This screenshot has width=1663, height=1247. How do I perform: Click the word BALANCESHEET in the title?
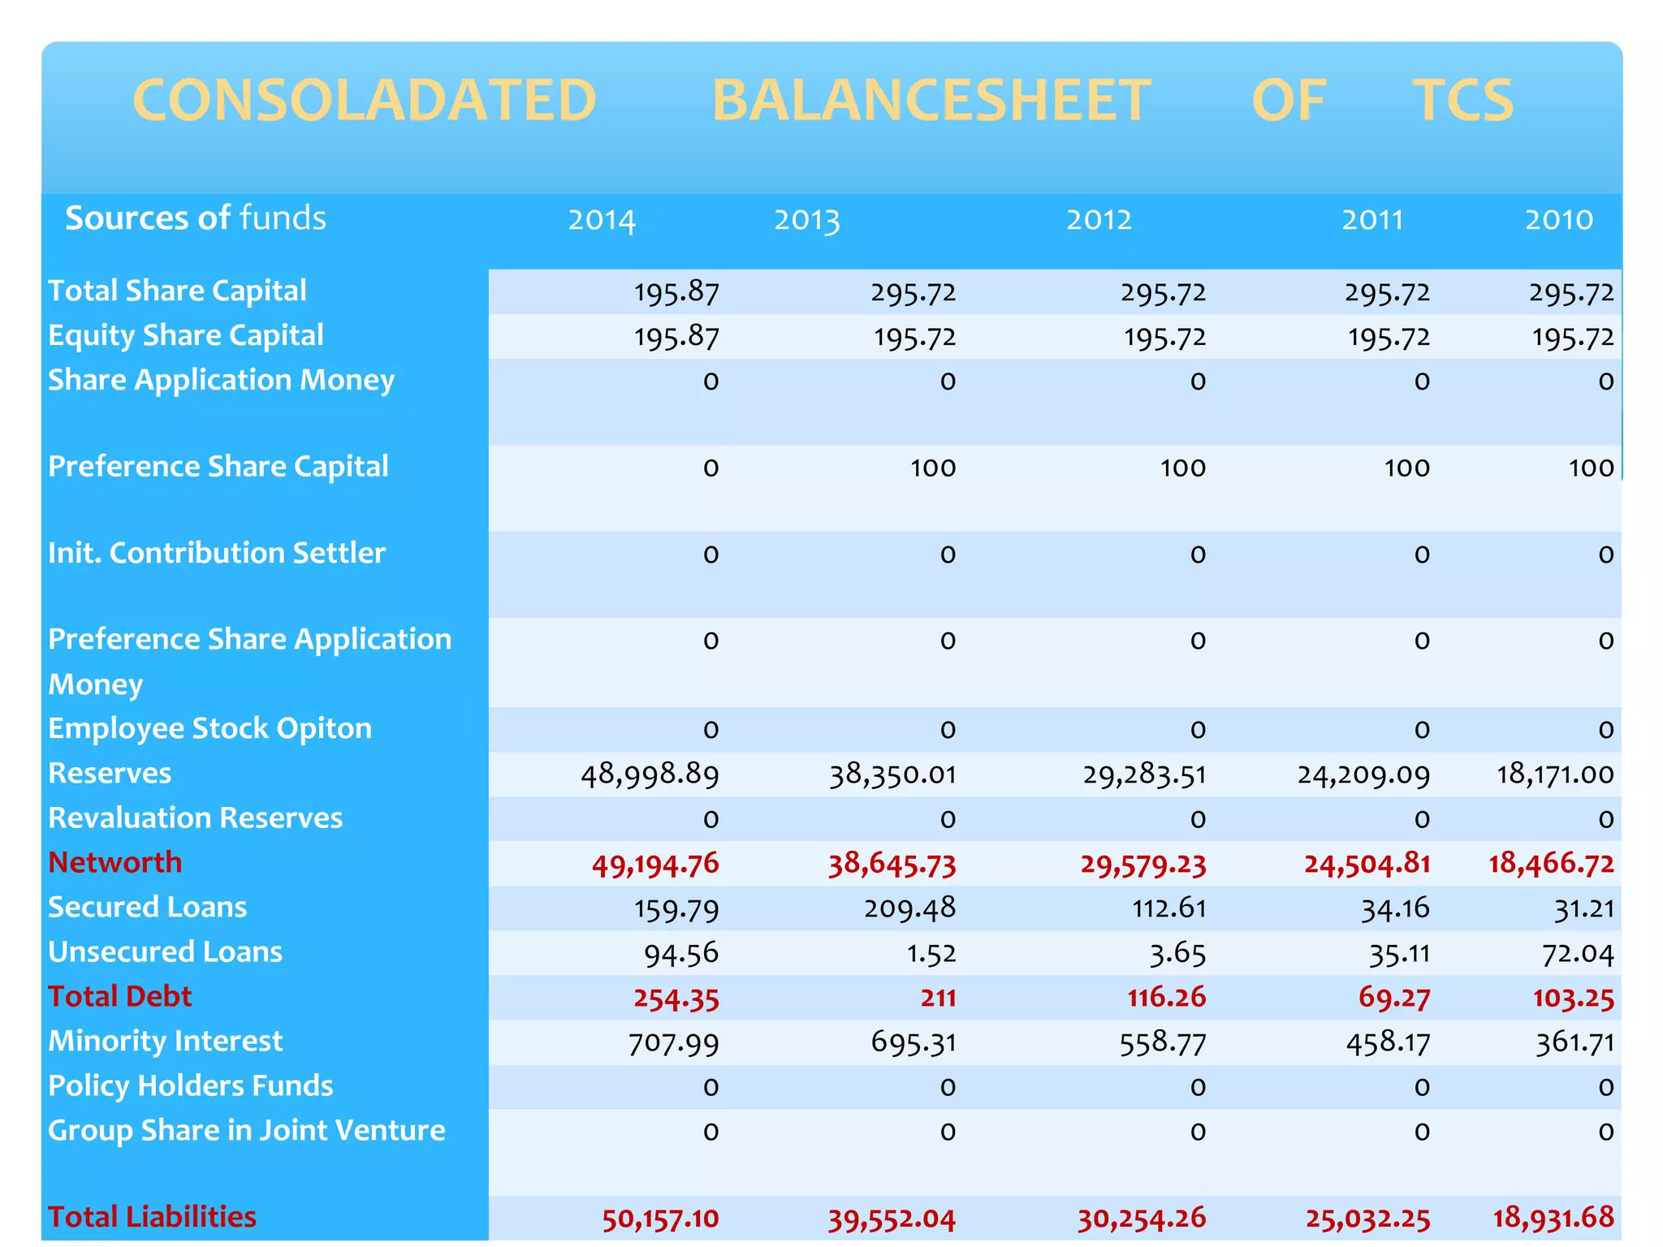pyautogui.click(x=931, y=101)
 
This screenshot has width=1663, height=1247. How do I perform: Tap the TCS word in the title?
pyautogui.click(x=1463, y=101)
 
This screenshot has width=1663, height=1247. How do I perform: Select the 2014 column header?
pyautogui.click(x=601, y=220)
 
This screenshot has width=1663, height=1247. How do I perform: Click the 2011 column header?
pyautogui.click(x=1372, y=220)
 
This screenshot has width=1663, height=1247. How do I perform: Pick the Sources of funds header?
pyautogui.click(x=195, y=218)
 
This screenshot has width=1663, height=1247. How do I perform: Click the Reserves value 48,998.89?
pyautogui.click(x=650, y=775)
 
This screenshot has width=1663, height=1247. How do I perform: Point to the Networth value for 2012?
pyautogui.click(x=1143, y=864)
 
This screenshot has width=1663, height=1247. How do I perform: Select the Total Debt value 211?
pyautogui.click(x=938, y=998)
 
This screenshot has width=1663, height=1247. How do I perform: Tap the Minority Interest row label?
pyautogui.click(x=165, y=1042)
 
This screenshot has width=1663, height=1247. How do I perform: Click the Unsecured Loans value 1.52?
pyautogui.click(x=931, y=953)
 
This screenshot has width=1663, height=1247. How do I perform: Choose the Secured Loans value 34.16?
pyautogui.click(x=1395, y=908)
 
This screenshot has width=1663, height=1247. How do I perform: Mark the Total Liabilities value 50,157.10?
pyautogui.click(x=660, y=1219)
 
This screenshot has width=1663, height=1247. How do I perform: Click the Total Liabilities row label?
pyautogui.click(x=152, y=1217)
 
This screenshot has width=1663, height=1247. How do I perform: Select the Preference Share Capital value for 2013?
pyautogui.click(x=932, y=468)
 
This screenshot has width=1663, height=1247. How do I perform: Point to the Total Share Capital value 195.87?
pyautogui.click(x=676, y=292)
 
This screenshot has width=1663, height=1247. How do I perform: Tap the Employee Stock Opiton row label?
pyautogui.click(x=209, y=729)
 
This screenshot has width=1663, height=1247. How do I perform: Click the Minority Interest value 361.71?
pyautogui.click(x=1574, y=1042)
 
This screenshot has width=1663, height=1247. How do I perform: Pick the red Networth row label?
pyautogui.click(x=114, y=863)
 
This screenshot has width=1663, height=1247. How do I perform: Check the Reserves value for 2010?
pyautogui.click(x=1555, y=775)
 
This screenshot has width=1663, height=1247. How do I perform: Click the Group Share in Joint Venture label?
pyautogui.click(x=246, y=1131)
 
